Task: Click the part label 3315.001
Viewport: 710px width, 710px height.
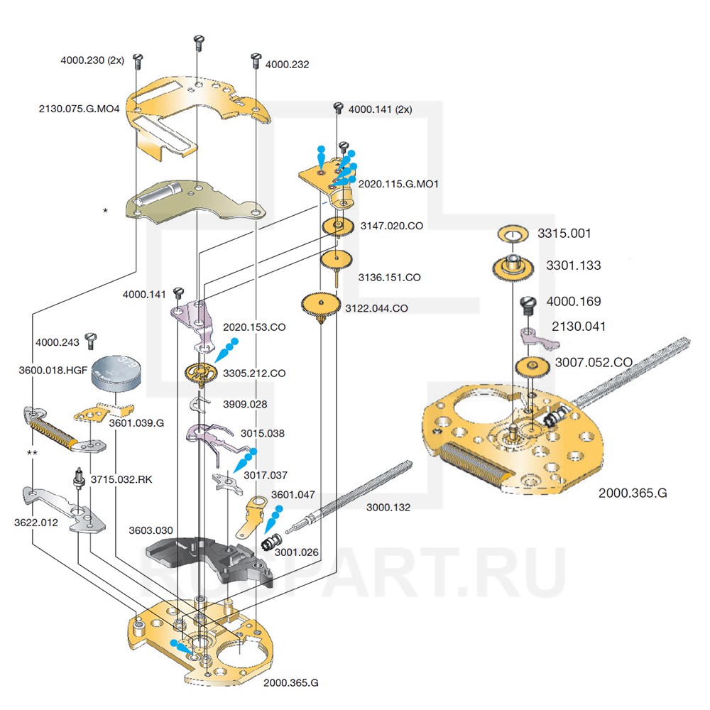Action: coord(564,234)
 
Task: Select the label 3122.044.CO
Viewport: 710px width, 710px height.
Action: coord(376,309)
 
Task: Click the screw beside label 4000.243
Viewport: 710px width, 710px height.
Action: coord(89,339)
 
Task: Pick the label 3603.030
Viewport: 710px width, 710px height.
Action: coord(151,530)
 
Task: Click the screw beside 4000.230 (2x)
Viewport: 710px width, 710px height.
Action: coord(138,62)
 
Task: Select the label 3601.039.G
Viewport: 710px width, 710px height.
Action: coord(136,423)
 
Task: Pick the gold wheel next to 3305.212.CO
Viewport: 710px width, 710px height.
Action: coord(201,372)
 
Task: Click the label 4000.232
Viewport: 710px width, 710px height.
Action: coord(287,65)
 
